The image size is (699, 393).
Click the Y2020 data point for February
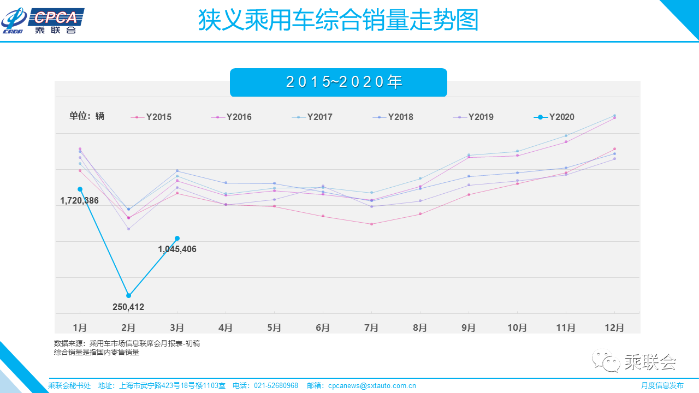coord(128,295)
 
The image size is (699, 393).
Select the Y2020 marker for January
coord(80,189)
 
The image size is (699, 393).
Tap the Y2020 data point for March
coord(177,238)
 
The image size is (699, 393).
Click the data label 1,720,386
coord(79,201)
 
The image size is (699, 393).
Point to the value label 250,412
coord(128,307)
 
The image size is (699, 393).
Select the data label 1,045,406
coord(177,249)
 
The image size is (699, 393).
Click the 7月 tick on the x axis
coord(371,327)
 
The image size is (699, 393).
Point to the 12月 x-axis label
coord(614,327)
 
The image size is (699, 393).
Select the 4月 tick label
coord(226,327)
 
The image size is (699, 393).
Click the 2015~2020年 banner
coord(339,82)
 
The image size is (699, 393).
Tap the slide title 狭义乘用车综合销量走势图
coord(338,21)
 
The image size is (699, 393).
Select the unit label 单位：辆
coord(87,116)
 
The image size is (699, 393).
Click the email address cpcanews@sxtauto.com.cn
coord(372,385)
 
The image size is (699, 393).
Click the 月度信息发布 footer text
coord(662,385)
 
